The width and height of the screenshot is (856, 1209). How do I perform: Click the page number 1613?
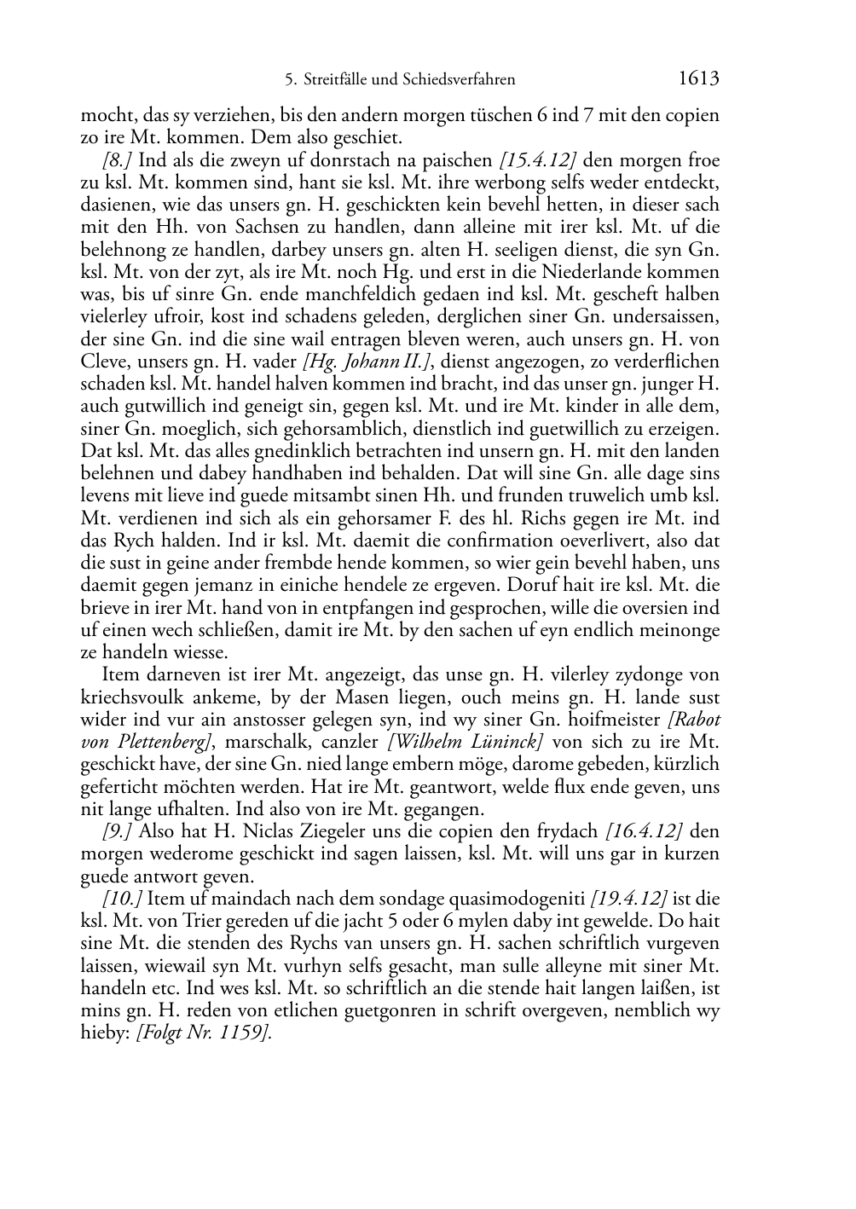coord(699,79)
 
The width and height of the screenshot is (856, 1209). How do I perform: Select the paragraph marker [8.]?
coord(117,160)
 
